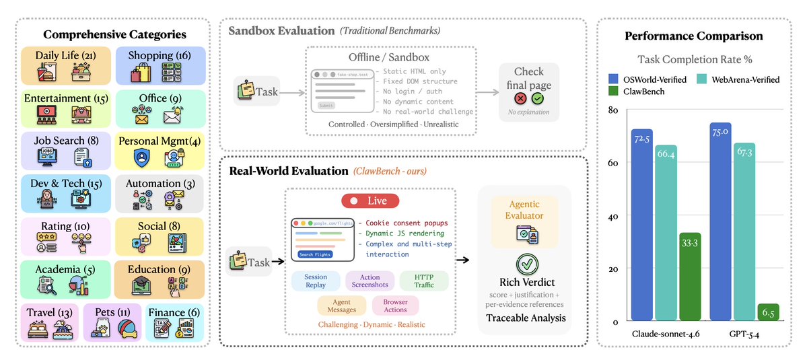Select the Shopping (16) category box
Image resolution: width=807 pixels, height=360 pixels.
tap(160, 65)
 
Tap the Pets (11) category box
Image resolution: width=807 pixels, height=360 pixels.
tap(112, 322)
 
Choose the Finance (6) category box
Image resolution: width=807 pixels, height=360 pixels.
tap(174, 322)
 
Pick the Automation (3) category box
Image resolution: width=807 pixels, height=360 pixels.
tap(160, 194)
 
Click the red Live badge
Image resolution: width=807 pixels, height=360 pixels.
tap(370, 201)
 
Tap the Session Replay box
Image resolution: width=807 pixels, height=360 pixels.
tap(316, 281)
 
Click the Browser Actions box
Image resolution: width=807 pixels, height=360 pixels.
tap(395, 306)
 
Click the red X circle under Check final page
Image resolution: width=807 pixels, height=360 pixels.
tap(520, 98)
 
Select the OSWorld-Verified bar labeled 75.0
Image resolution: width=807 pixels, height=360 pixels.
tap(719, 222)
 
